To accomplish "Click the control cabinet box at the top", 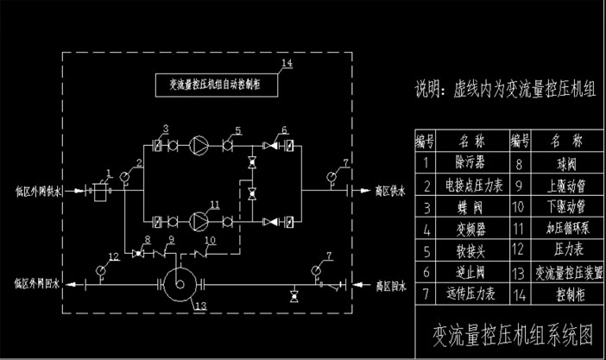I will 216,85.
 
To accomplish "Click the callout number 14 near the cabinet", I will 288,63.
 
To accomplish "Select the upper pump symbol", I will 199,144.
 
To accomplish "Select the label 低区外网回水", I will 35,281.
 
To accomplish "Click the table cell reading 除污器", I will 471,161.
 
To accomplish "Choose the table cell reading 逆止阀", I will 471,272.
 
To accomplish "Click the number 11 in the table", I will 519,228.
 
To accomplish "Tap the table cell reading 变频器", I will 471,228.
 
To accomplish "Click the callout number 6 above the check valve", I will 282,130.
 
